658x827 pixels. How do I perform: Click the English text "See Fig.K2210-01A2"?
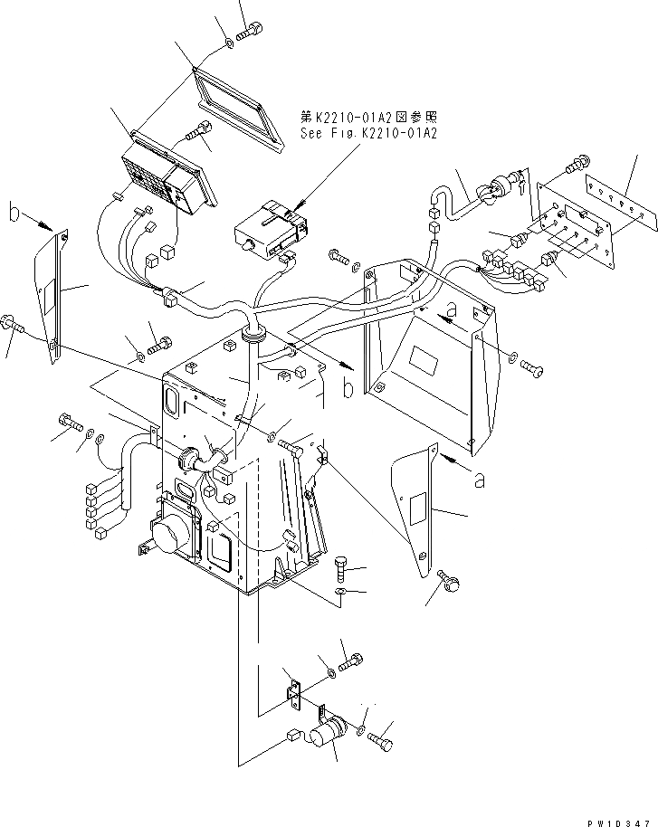click(x=368, y=133)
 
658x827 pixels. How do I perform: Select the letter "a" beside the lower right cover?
click(x=480, y=480)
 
